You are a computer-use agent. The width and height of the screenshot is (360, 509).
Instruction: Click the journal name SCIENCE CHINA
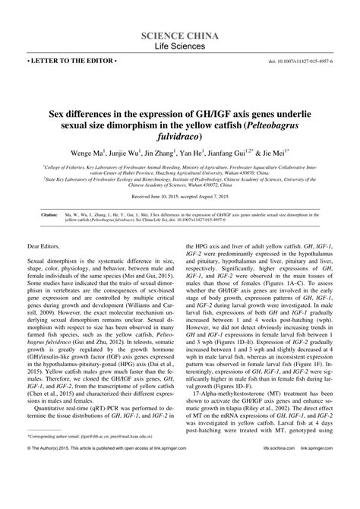pos(181,36)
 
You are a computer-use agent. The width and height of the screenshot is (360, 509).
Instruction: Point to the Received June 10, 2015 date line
pos(180,196)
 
